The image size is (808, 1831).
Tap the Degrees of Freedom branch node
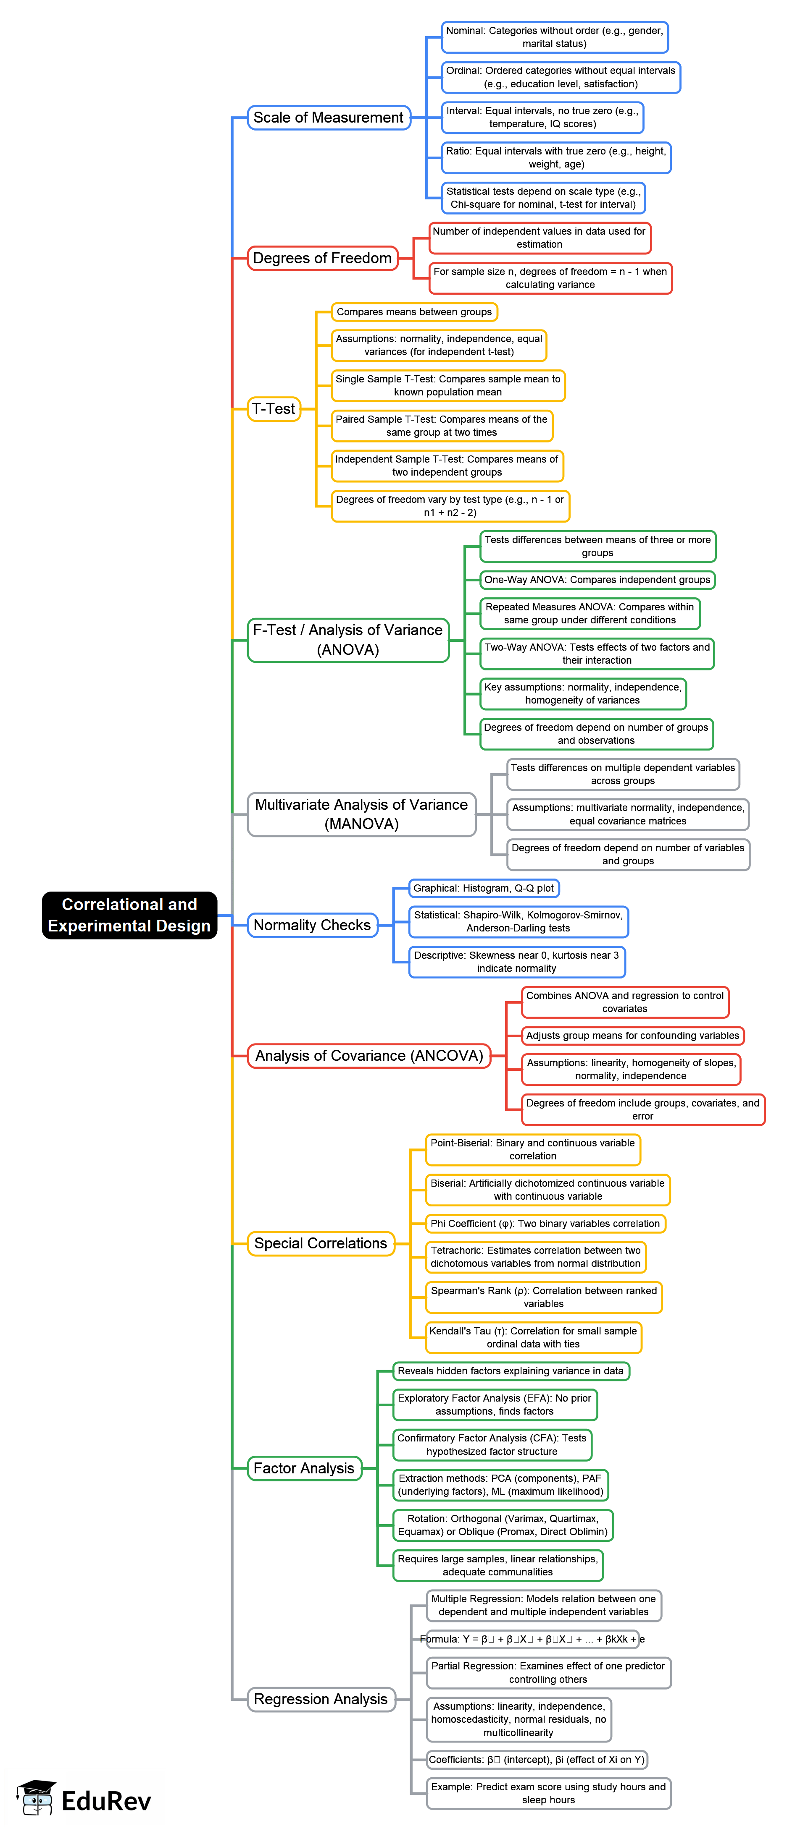point(322,258)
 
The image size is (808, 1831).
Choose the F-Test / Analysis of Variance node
point(348,640)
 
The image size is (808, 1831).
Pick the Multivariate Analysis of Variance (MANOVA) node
point(361,814)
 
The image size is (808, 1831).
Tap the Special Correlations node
point(320,1243)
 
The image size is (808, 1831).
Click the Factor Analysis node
point(304,1468)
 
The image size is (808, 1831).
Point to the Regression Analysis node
point(321,1699)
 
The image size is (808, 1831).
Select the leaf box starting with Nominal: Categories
point(554,37)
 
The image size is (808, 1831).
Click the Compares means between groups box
point(414,312)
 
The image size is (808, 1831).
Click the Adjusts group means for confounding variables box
point(632,1036)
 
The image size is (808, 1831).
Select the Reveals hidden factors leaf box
point(510,1371)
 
